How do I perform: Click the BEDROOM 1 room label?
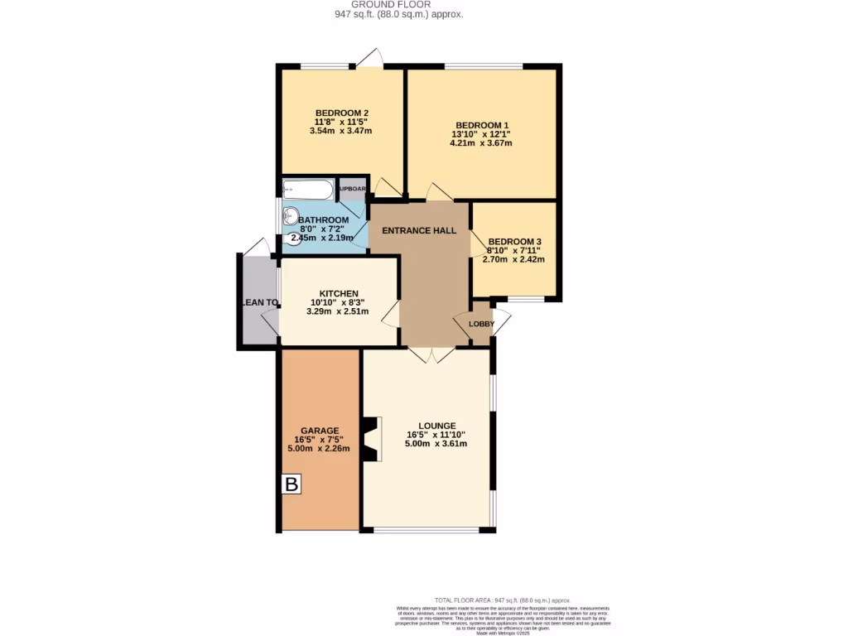(481, 125)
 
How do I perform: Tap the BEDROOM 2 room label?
(341, 113)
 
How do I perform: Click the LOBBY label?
(481, 324)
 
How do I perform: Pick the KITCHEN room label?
(339, 294)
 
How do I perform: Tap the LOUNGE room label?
(436, 426)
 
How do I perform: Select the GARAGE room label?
(319, 431)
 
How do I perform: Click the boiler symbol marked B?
(291, 484)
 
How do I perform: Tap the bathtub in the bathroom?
(308, 190)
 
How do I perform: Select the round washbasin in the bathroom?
(291, 216)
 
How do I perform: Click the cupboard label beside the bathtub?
(353, 189)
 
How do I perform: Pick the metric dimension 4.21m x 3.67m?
(481, 142)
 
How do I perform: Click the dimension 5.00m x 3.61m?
(436, 443)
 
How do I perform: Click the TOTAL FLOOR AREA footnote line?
(503, 600)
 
